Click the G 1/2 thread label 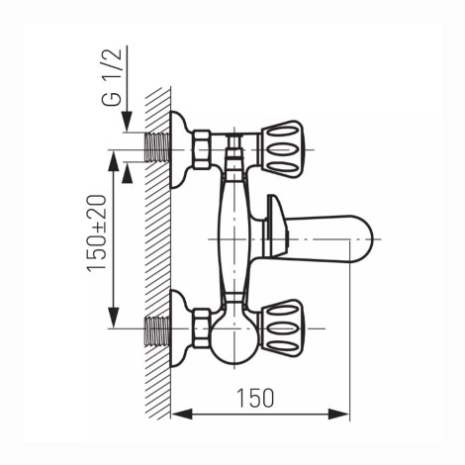coord(112,77)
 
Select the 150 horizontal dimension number coord(255,398)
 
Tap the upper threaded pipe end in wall coord(157,146)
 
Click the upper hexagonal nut coord(202,149)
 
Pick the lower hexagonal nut coord(202,328)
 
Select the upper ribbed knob coord(282,149)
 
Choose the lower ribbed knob coord(282,328)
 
